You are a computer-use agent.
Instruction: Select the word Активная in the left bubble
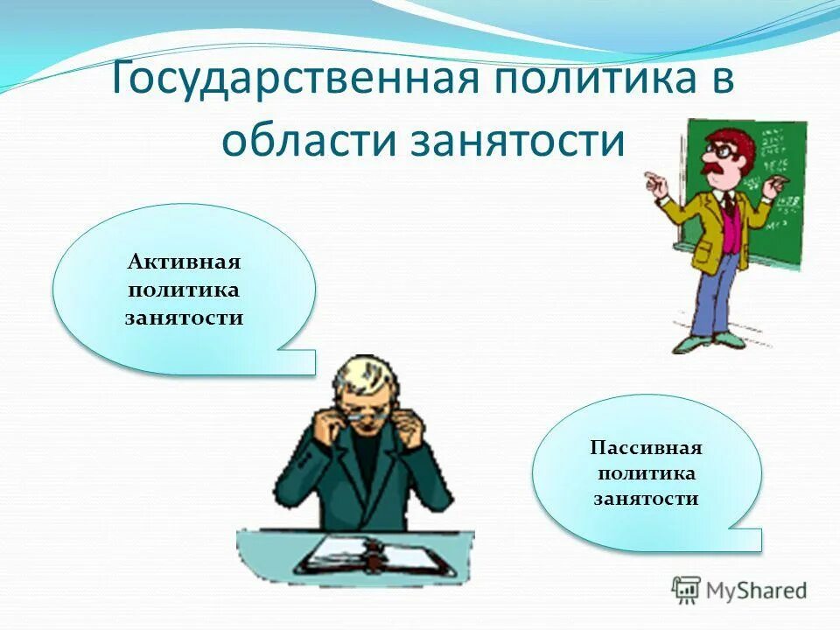point(184,262)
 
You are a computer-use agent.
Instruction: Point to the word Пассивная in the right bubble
point(647,448)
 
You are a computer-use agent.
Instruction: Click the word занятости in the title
point(518,140)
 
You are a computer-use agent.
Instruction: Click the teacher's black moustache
point(719,168)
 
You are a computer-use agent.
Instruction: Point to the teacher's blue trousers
point(713,293)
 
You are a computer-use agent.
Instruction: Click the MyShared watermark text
point(757,591)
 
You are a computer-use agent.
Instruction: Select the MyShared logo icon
point(686,591)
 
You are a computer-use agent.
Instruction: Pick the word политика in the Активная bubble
point(184,290)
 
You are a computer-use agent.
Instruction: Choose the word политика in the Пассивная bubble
point(647,473)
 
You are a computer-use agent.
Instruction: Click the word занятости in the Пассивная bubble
point(647,500)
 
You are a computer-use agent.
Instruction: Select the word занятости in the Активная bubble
point(184,317)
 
